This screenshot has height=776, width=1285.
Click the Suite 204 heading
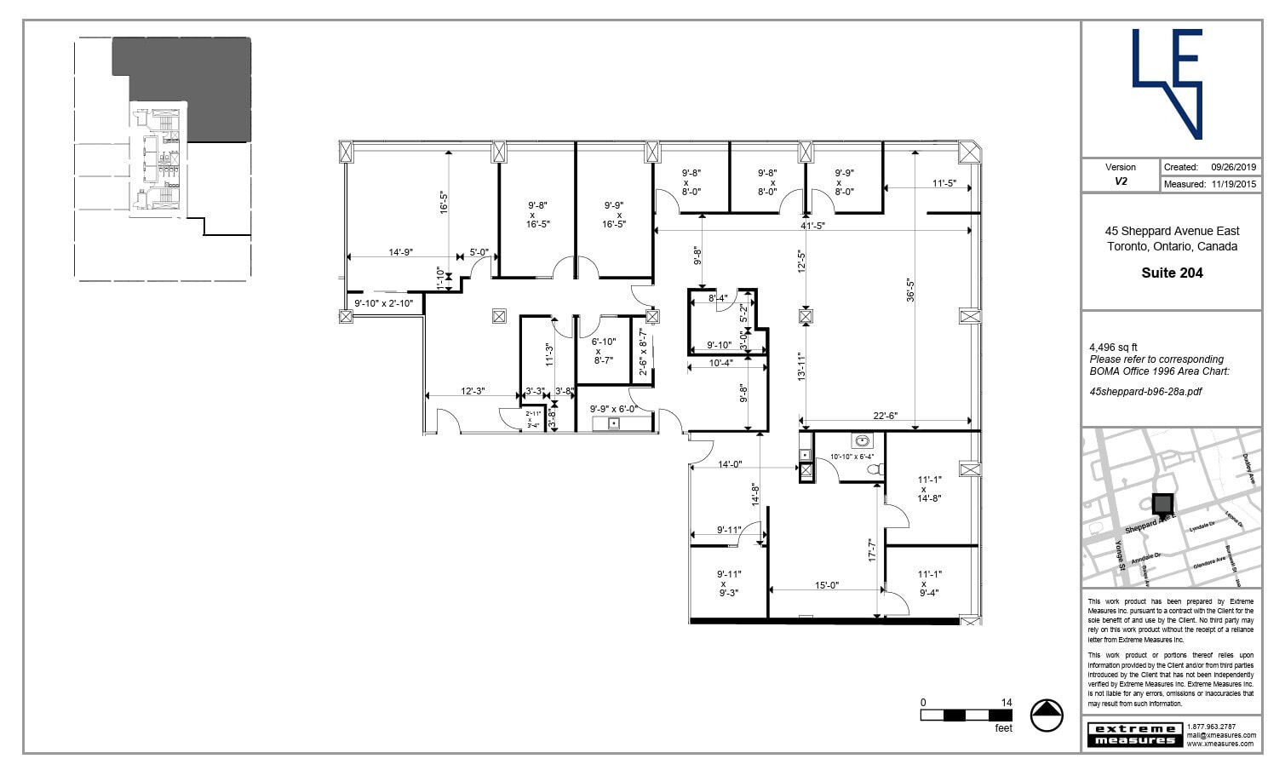(x=1172, y=273)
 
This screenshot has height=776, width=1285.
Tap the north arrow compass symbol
(x=1047, y=715)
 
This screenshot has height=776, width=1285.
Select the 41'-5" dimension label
(x=812, y=226)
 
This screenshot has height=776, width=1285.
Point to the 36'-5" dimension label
(x=910, y=290)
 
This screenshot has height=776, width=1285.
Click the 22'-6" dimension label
(x=886, y=416)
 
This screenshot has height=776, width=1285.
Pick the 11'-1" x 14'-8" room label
(x=929, y=489)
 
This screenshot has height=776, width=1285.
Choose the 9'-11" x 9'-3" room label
(x=729, y=583)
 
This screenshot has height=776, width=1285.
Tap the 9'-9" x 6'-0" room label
(x=613, y=409)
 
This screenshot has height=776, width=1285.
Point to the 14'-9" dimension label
(x=400, y=252)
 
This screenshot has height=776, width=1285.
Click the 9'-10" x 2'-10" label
(x=383, y=303)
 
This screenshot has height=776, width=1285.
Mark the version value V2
(x=1121, y=181)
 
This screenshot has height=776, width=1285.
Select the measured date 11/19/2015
(x=1233, y=183)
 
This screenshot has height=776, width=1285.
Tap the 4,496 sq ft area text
(x=1113, y=348)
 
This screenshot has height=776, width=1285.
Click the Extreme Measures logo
(x=1135, y=734)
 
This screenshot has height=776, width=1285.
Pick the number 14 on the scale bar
(x=1007, y=703)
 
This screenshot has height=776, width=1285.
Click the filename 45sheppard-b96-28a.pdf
(x=1145, y=392)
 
